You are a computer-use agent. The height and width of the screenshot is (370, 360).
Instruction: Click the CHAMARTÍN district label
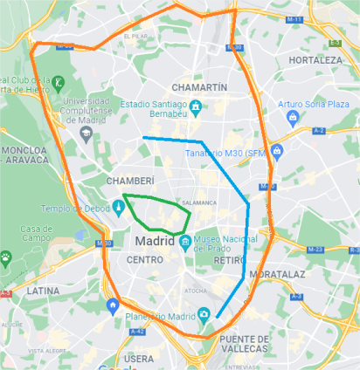[x=201, y=87]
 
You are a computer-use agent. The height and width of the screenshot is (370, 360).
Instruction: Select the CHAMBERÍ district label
[x=129, y=180]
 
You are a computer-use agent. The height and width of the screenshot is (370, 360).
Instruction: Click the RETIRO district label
[x=229, y=260]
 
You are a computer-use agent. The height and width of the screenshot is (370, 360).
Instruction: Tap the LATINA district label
[x=42, y=290]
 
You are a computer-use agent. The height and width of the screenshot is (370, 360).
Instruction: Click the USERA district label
[x=138, y=358]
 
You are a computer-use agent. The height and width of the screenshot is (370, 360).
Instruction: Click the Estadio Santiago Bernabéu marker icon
[x=197, y=107]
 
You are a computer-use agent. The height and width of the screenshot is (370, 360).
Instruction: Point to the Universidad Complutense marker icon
[x=86, y=134]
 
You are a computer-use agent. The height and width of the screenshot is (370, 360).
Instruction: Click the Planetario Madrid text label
[x=157, y=315]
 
